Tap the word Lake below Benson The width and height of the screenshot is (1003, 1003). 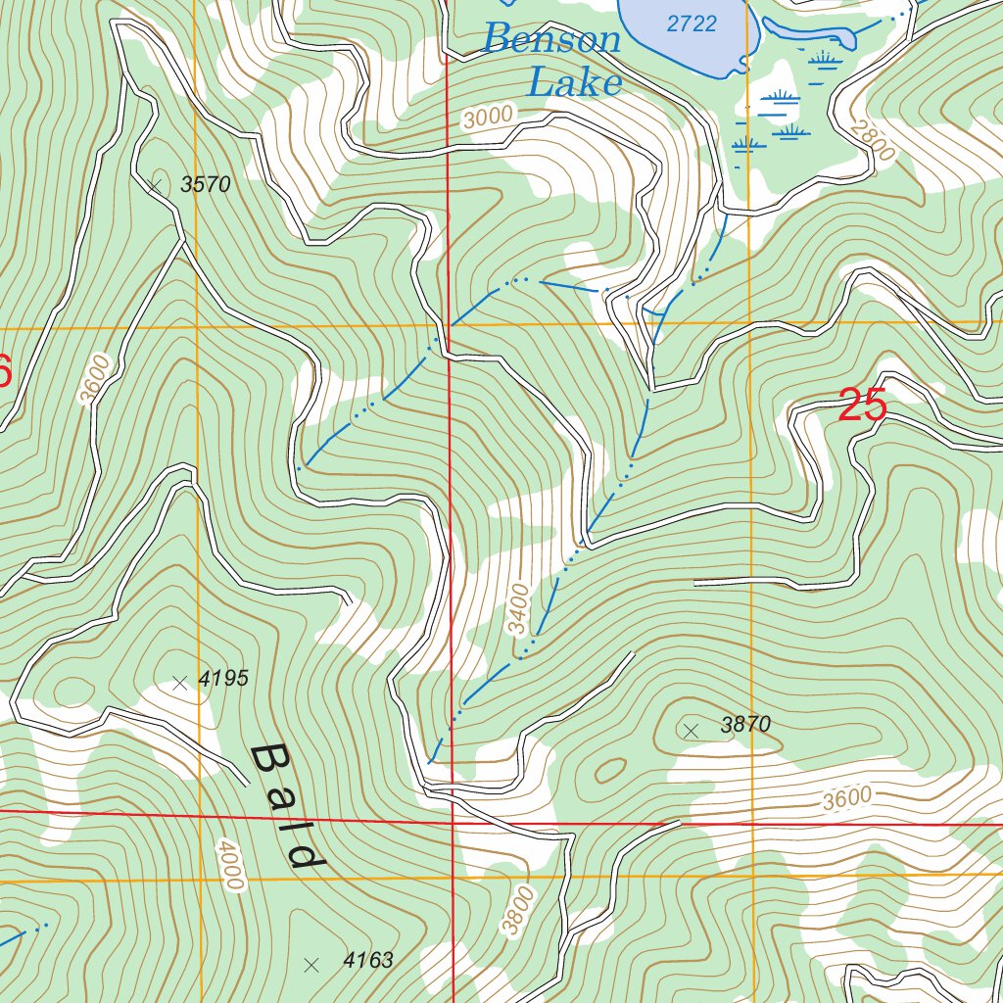pyautogui.click(x=574, y=82)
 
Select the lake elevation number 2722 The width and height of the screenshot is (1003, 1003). pyautogui.click(x=692, y=24)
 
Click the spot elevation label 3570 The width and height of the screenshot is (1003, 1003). pyautogui.click(x=206, y=184)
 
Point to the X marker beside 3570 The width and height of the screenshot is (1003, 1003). pyautogui.click(x=155, y=183)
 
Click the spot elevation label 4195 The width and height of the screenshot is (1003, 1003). pyautogui.click(x=223, y=678)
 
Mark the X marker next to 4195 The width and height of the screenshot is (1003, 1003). pyautogui.click(x=179, y=684)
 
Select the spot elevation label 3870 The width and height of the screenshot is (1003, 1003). pyautogui.click(x=746, y=725)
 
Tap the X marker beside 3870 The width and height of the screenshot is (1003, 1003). pyautogui.click(x=691, y=730)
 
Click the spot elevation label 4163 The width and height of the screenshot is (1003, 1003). pyautogui.click(x=368, y=960)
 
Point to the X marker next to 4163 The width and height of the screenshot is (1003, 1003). pyautogui.click(x=311, y=965)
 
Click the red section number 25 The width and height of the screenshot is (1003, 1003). pyautogui.click(x=862, y=406)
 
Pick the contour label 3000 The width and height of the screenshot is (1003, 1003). pyautogui.click(x=488, y=117)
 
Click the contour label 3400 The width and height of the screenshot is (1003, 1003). pyautogui.click(x=518, y=608)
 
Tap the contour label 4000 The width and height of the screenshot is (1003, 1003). pyautogui.click(x=229, y=866)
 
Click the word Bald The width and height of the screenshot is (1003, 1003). pyautogui.click(x=287, y=809)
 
